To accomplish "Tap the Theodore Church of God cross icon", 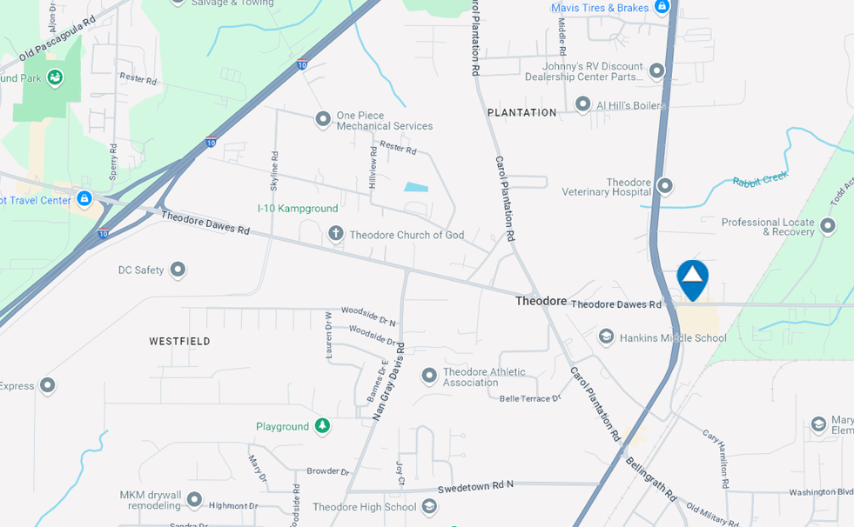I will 336,234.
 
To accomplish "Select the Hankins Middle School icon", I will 606,337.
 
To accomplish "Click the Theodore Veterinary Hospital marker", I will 665,185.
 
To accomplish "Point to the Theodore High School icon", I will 429,506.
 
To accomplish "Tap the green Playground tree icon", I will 322,426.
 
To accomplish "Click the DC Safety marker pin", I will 178,270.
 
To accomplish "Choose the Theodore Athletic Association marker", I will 429,376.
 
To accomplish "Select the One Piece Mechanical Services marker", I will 323,118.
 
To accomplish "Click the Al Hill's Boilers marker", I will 583,105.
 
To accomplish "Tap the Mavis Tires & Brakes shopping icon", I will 662,7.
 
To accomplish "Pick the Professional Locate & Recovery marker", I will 828,226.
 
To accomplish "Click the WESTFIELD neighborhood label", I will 179,342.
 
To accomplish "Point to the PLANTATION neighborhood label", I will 522,113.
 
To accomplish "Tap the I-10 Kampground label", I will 298,209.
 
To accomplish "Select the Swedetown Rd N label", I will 475,485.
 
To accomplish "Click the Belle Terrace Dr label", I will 530,398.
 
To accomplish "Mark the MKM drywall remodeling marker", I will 194,499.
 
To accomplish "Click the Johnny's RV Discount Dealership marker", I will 657,70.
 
